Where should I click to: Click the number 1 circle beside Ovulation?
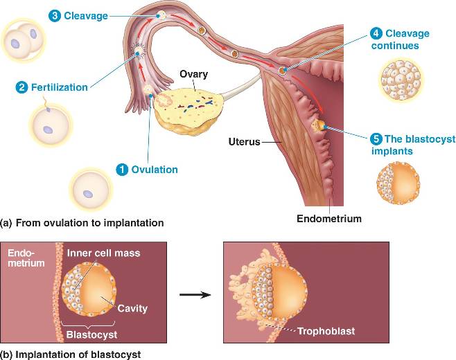pos(122,169)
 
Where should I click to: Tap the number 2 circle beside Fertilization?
pos(22,88)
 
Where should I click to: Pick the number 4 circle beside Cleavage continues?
pos(376,33)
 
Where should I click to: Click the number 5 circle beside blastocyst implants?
pos(375,138)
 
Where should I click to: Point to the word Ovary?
pos(193,74)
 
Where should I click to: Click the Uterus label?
pos(244,142)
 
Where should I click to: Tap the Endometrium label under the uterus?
pos(329,219)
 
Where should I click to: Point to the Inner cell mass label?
pos(103,253)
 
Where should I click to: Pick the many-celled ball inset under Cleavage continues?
pos(401,78)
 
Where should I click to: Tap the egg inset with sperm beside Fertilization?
pos(49,125)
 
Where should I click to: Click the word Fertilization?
pos(59,88)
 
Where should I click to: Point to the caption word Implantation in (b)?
pos(46,354)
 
